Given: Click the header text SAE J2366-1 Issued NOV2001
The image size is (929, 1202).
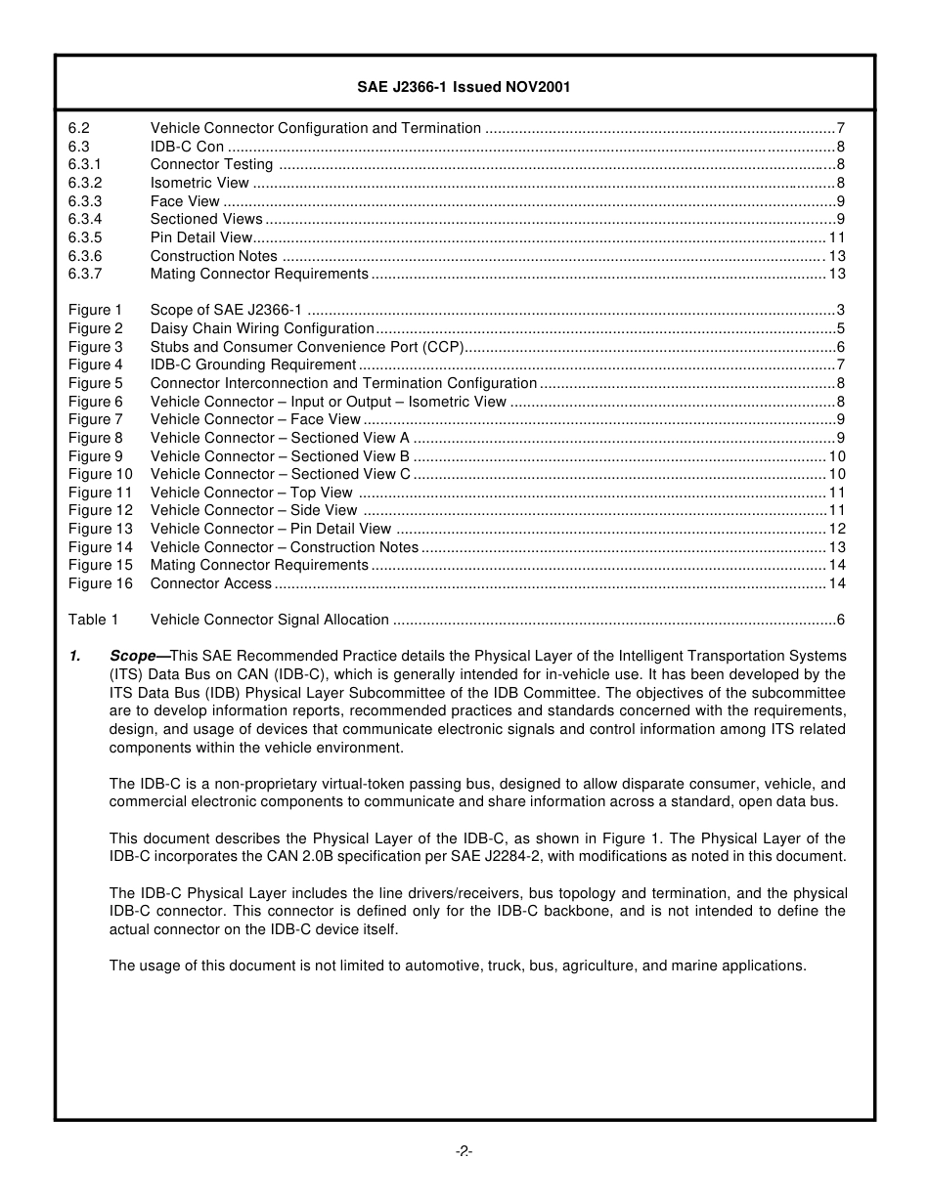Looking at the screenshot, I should tap(464, 87).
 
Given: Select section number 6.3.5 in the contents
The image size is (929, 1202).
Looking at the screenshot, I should tap(85, 237).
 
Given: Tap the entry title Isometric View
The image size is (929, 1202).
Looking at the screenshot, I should tap(199, 183).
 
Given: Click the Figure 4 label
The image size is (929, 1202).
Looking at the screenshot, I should tap(96, 365).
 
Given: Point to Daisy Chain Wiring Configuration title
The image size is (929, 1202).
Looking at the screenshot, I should tap(262, 328).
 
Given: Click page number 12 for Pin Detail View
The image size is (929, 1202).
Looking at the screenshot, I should tap(837, 529).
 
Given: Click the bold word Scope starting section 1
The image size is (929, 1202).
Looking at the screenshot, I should tap(133, 656).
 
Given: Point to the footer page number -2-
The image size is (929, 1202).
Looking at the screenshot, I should tap(464, 1151).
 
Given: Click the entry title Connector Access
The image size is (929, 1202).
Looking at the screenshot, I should tap(210, 583).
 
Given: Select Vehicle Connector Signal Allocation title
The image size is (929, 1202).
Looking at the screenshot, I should tap(269, 620).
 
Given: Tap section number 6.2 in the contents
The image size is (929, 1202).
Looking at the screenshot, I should tap(78, 128).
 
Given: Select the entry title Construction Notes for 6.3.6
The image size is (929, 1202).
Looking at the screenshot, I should tap(213, 256).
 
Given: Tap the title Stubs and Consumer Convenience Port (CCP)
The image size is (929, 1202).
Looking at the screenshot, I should tap(306, 347).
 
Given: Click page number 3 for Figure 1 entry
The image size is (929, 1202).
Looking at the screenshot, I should tap(841, 310).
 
